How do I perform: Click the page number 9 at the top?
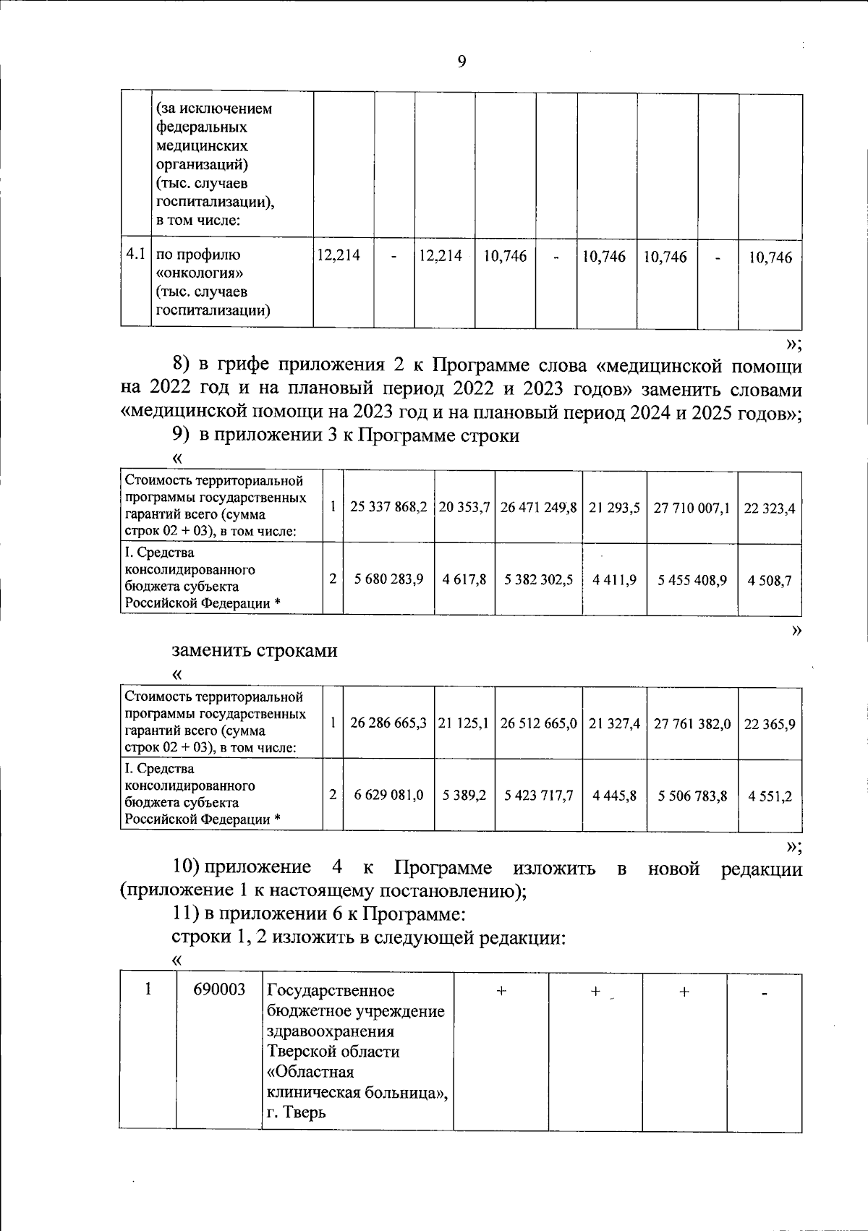(x=461, y=62)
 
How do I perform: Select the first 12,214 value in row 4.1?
(x=339, y=255)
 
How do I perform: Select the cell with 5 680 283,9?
(x=388, y=579)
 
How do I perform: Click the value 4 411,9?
(x=613, y=579)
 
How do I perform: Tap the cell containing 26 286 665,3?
(x=388, y=723)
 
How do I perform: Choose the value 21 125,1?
(x=464, y=723)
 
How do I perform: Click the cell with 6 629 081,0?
(x=388, y=795)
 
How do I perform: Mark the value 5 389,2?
(x=464, y=795)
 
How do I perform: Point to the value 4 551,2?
(x=770, y=796)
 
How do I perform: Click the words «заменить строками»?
(x=255, y=649)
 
